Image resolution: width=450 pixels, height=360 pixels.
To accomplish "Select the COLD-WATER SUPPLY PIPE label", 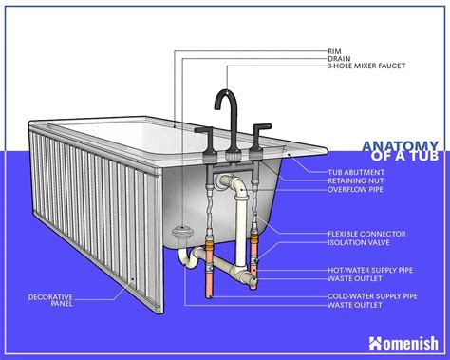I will [x=370, y=296].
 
